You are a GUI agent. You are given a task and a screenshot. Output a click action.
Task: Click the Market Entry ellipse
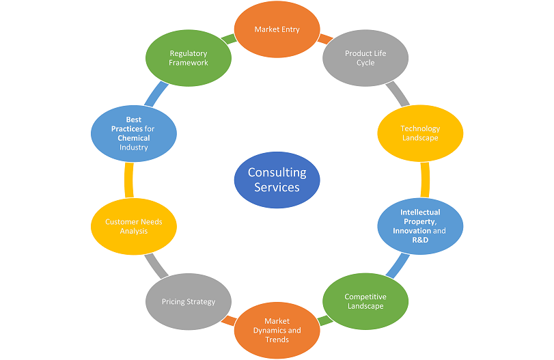(277, 29)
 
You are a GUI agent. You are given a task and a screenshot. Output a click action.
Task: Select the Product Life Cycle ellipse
(365, 58)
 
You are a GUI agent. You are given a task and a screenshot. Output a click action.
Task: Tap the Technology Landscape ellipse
(420, 133)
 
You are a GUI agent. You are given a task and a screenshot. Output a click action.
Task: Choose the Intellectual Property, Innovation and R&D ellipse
(420, 226)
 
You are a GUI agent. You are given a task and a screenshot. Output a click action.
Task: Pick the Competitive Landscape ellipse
(365, 301)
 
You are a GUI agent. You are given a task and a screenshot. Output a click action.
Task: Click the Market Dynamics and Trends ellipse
(277, 330)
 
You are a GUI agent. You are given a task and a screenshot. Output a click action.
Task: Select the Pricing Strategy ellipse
(189, 301)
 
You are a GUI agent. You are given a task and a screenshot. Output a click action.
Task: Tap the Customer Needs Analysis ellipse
(135, 226)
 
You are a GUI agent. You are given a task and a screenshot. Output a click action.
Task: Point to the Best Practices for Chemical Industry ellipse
(134, 133)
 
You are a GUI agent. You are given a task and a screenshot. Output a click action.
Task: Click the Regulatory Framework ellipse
(189, 58)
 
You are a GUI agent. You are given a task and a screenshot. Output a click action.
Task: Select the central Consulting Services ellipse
(277, 180)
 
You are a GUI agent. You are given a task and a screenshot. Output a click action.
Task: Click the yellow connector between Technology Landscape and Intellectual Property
(425, 179)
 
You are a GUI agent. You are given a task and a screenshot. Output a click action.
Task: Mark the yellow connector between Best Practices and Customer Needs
(129, 179)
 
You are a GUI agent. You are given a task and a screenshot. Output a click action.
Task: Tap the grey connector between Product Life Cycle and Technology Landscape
(397, 94)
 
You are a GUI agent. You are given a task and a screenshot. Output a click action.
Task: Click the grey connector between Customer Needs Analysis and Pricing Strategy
(155, 264)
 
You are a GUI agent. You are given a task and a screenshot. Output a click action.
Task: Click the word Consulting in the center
(277, 173)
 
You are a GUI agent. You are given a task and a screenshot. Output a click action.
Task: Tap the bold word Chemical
(134, 137)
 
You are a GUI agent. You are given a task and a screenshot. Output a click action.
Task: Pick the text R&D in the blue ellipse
(420, 240)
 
